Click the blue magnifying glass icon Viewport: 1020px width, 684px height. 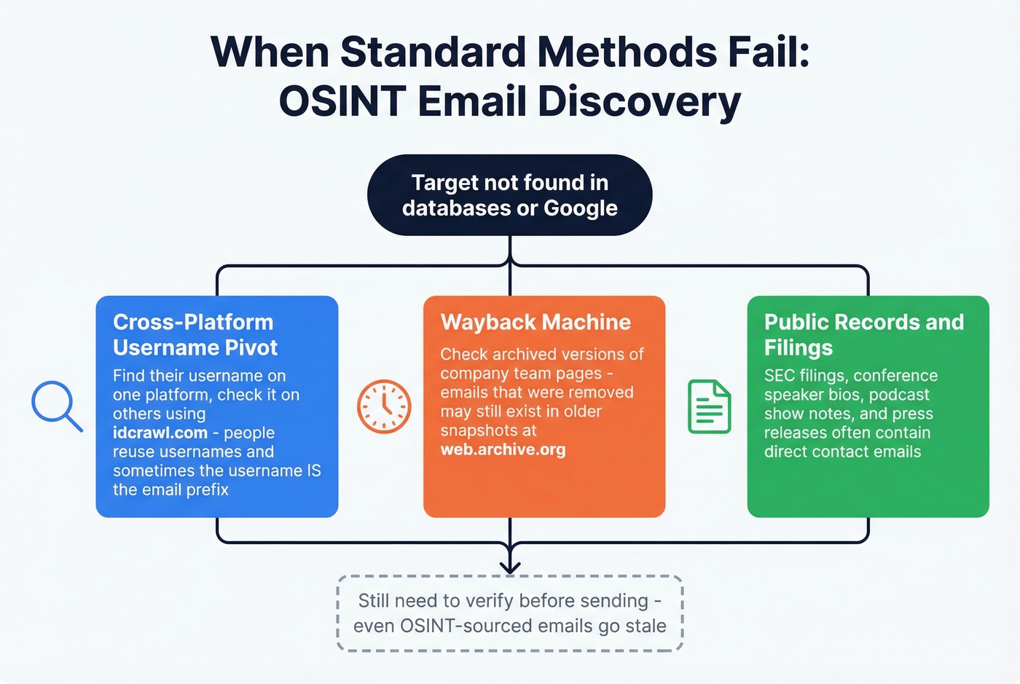click(x=55, y=405)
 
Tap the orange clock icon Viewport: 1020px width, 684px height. click(x=384, y=406)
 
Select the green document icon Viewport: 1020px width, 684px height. click(x=709, y=406)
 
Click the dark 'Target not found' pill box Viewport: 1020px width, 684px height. click(x=509, y=195)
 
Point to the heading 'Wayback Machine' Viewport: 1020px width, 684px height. click(x=535, y=322)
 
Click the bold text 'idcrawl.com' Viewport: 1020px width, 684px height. click(x=160, y=433)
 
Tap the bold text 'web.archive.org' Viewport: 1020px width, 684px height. click(x=503, y=449)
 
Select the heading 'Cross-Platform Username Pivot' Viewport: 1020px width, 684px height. click(x=195, y=335)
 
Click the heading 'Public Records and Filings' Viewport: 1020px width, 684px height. click(x=863, y=335)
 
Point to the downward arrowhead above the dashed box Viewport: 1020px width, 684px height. click(x=510, y=566)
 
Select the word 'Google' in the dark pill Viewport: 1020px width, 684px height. click(x=581, y=208)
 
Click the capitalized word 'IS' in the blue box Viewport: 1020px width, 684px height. click(x=313, y=471)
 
